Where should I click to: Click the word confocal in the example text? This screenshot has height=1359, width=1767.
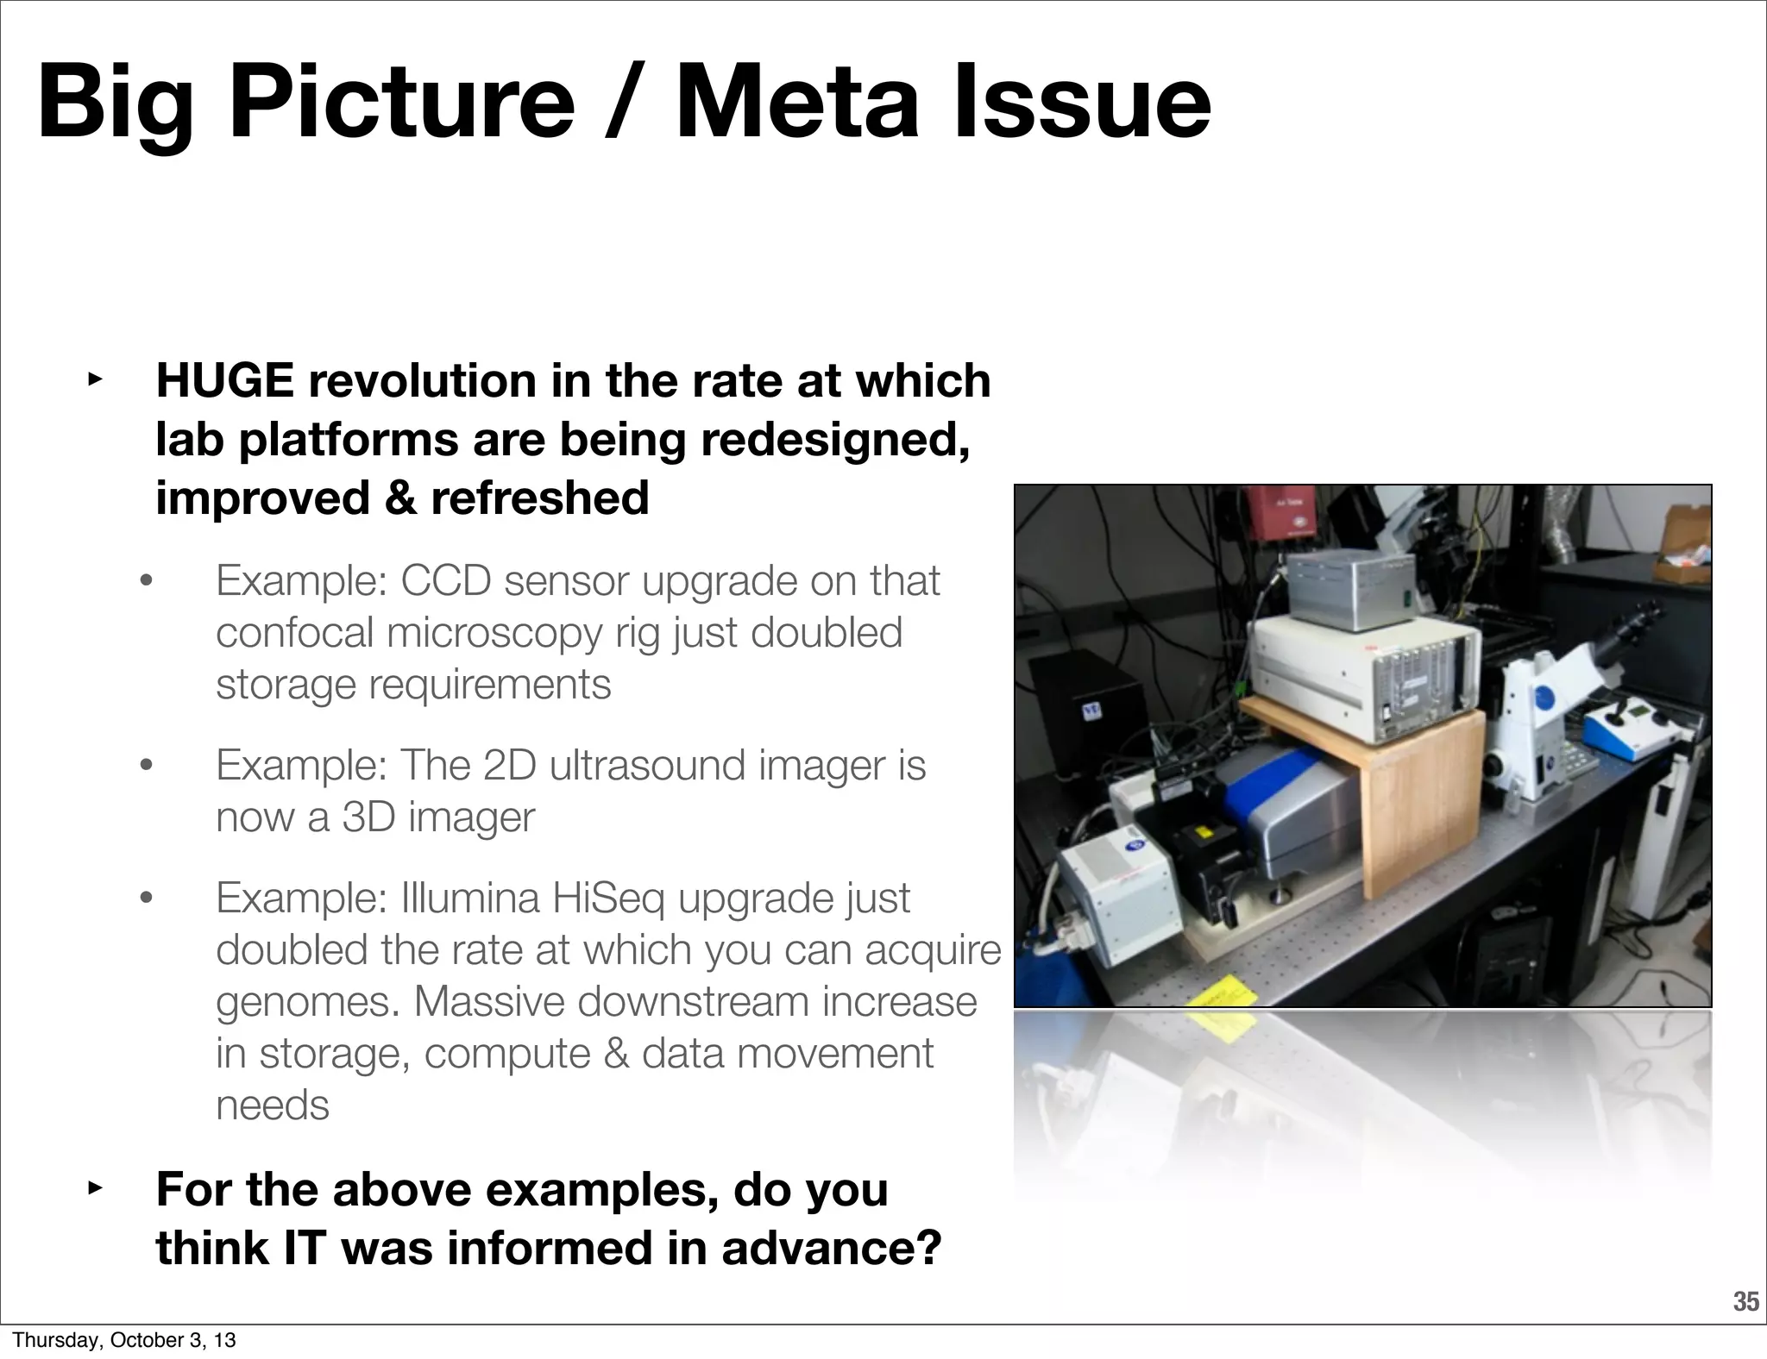(x=294, y=633)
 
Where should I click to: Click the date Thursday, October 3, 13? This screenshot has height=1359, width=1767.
(x=124, y=1340)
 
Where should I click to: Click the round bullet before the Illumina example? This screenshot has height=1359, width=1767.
(x=146, y=899)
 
